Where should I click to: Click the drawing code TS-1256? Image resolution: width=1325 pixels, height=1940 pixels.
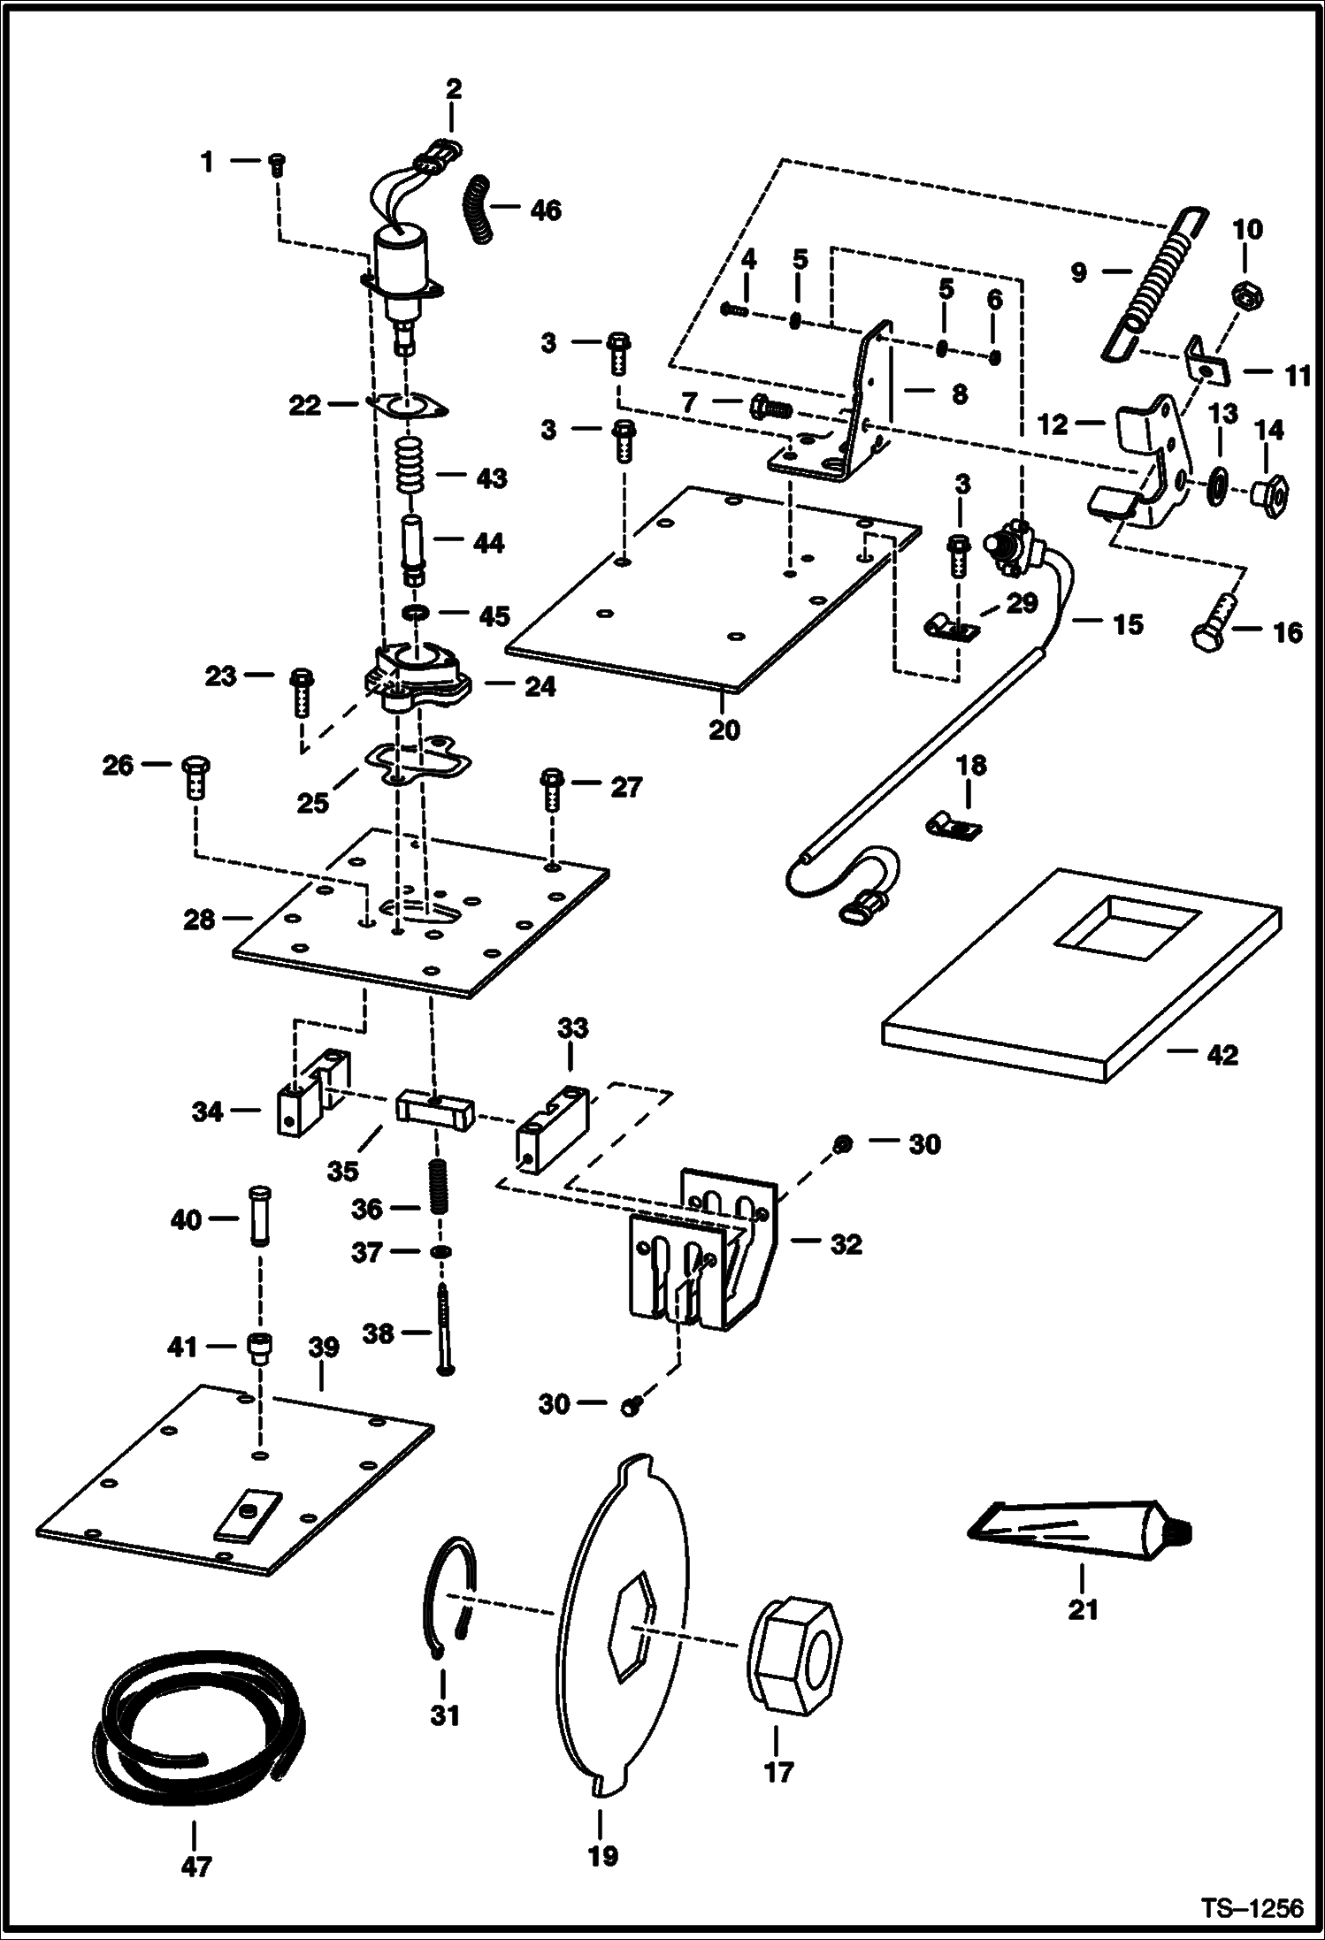click(x=1251, y=1907)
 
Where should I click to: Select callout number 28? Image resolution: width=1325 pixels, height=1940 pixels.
click(x=199, y=920)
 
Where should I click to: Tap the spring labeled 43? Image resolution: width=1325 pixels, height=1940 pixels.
click(x=411, y=468)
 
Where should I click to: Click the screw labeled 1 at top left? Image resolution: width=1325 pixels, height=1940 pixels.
click(x=276, y=163)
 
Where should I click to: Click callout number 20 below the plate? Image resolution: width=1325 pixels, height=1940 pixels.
click(x=724, y=731)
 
